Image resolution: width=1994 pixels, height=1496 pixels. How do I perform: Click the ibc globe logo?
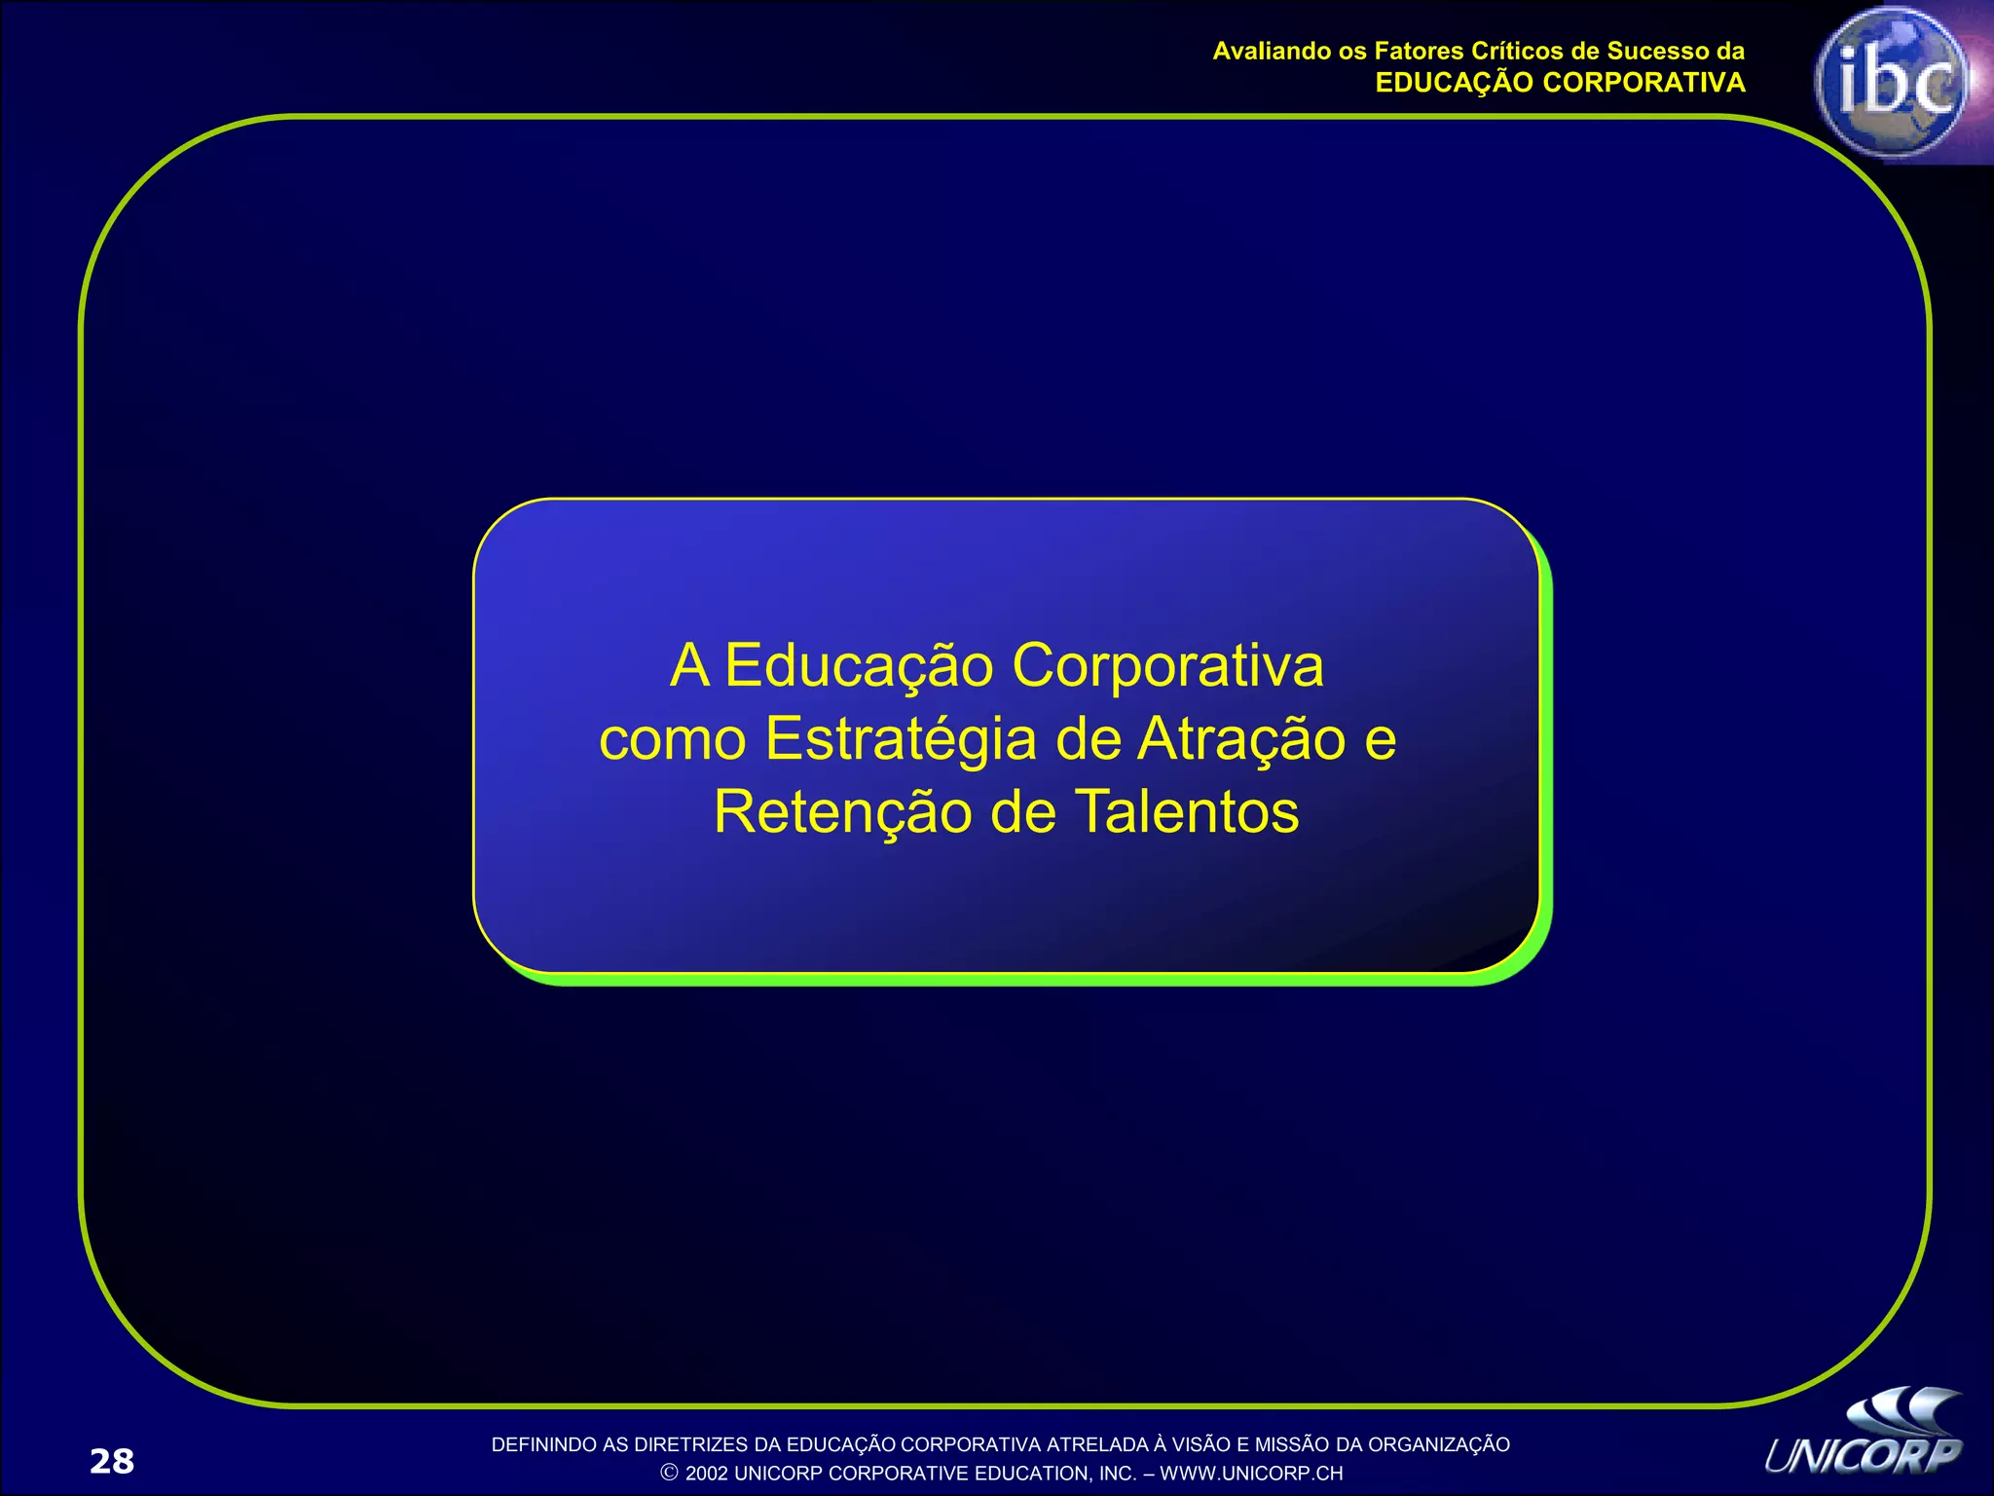[x=1891, y=82]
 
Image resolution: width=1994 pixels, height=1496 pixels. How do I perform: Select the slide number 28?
[x=112, y=1461]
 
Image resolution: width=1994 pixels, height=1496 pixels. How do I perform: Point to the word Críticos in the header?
[x=1516, y=51]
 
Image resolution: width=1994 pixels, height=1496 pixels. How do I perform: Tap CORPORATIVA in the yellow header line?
[x=1644, y=83]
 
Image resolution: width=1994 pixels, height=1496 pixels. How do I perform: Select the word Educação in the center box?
[x=859, y=666]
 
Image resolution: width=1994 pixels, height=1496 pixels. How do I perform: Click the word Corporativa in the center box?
[x=1167, y=666]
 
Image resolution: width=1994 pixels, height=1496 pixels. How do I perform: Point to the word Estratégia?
[x=901, y=739]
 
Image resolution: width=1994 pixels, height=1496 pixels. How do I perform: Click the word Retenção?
[x=842, y=811]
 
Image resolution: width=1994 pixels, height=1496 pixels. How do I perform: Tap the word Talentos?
[x=1187, y=811]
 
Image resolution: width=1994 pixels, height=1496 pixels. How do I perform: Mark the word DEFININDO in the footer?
[x=536, y=1444]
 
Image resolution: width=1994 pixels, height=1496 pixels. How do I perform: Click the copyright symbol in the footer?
[x=670, y=1473]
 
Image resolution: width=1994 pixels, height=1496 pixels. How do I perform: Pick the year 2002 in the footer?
[x=706, y=1473]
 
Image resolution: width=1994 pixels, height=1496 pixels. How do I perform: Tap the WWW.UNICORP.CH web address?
[x=1251, y=1473]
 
